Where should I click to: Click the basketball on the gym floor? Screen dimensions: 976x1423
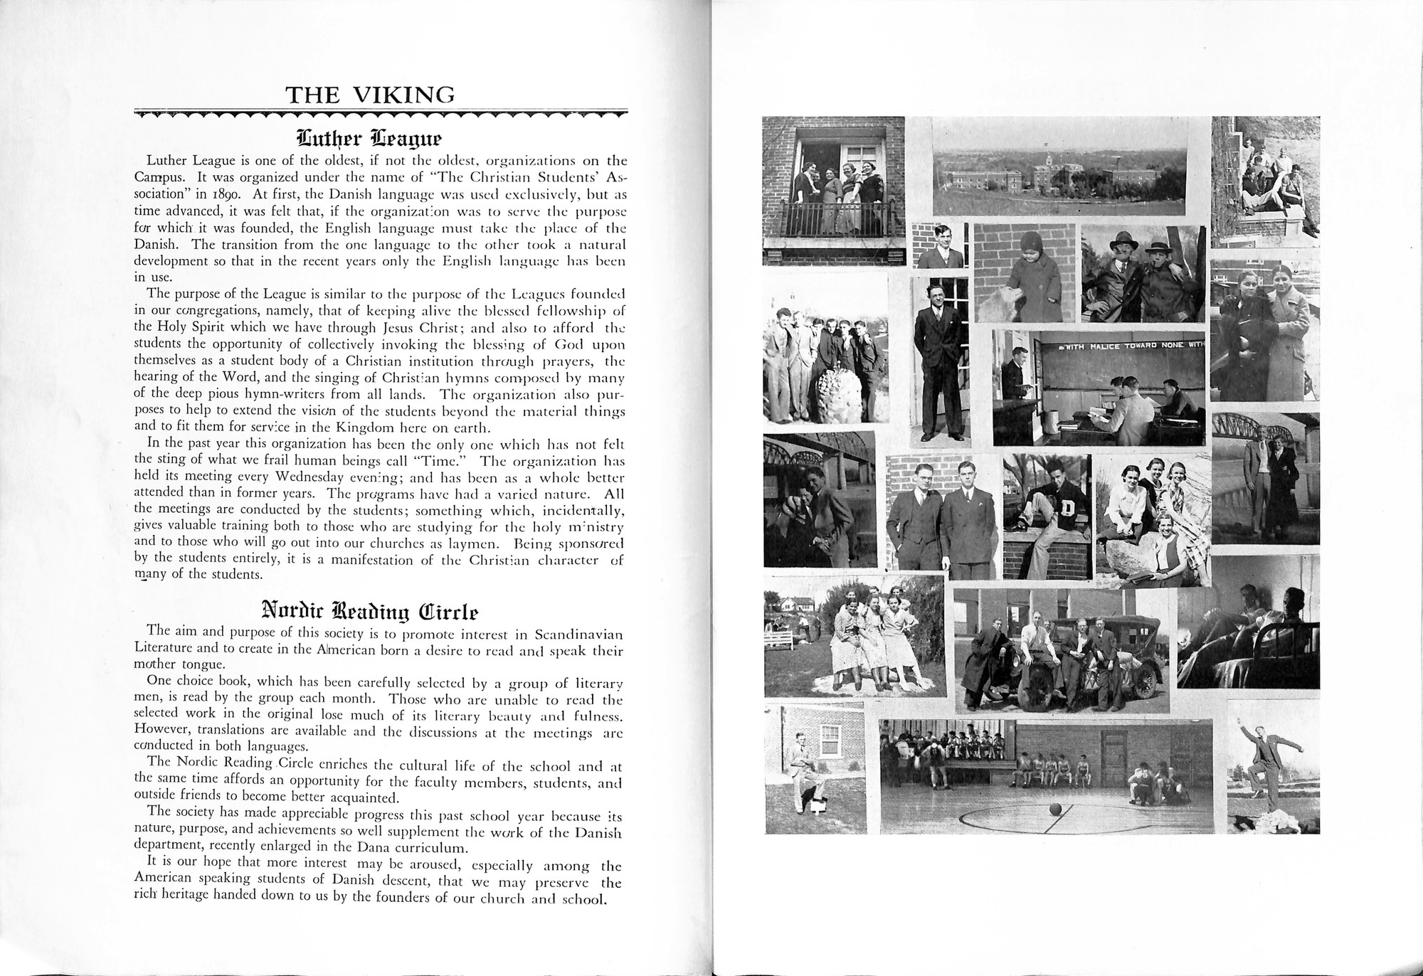coord(1054,810)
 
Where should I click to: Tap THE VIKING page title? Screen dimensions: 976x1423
coord(369,95)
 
